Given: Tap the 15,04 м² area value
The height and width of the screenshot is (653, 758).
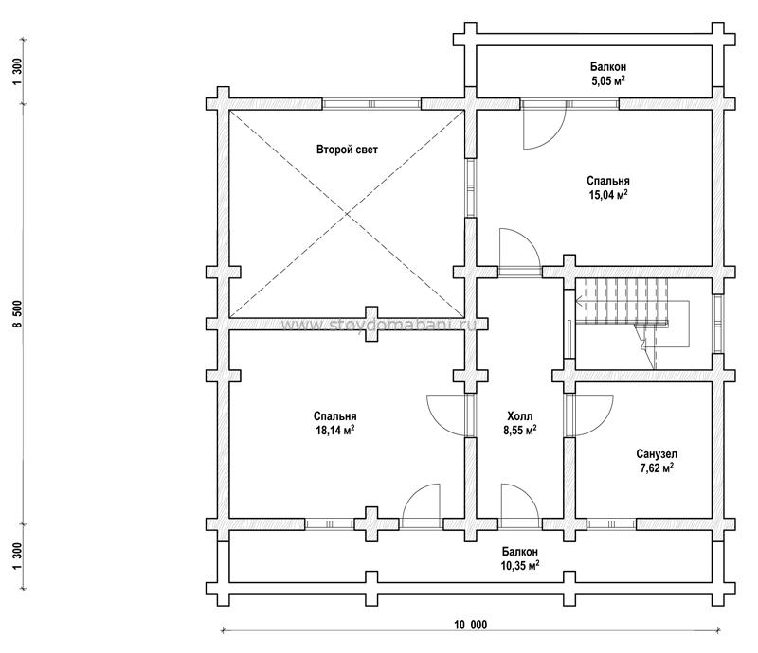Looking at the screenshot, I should point(607,195).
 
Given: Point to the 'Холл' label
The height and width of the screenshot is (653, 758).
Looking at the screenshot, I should point(520,415).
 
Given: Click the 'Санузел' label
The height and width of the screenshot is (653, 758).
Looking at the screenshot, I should point(655,453).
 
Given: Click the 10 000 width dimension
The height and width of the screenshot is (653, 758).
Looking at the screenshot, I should point(470,625).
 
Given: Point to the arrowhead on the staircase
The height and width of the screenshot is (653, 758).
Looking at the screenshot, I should point(578,302).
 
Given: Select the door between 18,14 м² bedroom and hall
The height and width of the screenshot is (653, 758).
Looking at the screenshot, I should point(445,415).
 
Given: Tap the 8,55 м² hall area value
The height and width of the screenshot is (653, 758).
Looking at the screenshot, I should point(520,429).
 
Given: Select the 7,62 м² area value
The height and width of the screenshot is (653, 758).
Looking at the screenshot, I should point(655,468).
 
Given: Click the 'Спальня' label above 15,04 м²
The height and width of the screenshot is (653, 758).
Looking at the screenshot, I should point(607,181).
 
